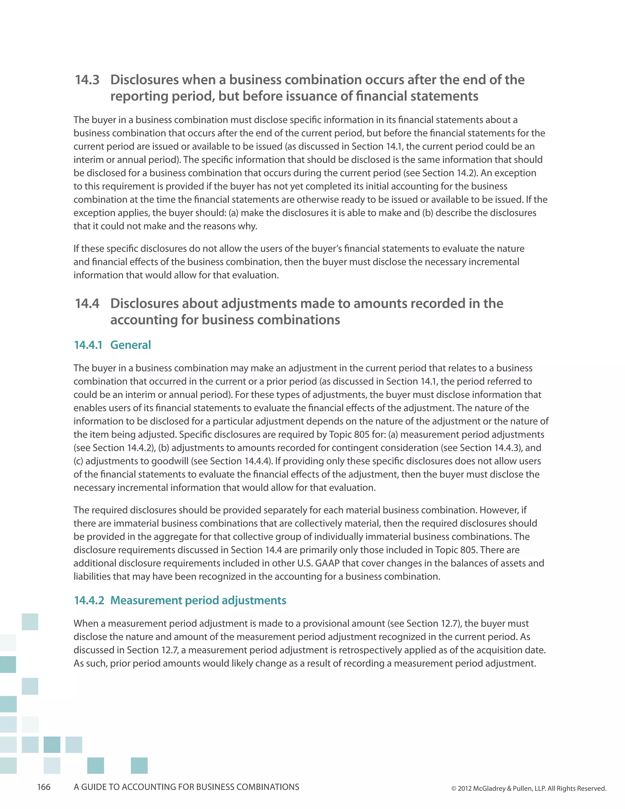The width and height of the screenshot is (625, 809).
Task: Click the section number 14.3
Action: tap(87, 80)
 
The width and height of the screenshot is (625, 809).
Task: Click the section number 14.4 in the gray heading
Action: tap(87, 303)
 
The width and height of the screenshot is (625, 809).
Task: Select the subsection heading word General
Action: tap(130, 345)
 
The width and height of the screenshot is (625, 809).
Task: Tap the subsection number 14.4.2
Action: tap(89, 600)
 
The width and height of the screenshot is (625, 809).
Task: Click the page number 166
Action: tap(44, 787)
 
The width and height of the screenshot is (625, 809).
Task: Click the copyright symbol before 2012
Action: tap(453, 789)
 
